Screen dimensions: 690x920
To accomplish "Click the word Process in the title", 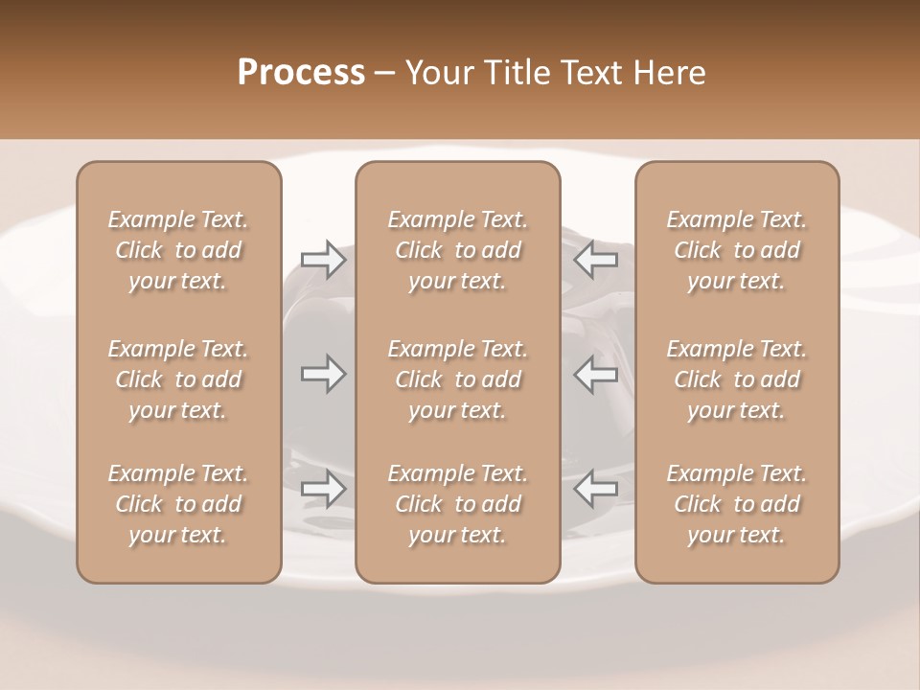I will click(x=301, y=73).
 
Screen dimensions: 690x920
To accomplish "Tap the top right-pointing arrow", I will click(x=323, y=260).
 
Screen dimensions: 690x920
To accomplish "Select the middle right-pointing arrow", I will click(x=323, y=374).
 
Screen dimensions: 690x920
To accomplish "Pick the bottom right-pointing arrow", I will click(x=323, y=489).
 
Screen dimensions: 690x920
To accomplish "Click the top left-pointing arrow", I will click(x=596, y=260).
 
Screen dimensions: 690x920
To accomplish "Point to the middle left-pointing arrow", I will click(x=596, y=374).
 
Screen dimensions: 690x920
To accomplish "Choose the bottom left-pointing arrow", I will click(x=596, y=489).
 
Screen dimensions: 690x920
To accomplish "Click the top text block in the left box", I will click(x=178, y=250).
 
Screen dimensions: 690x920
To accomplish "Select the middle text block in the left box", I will click(x=178, y=379).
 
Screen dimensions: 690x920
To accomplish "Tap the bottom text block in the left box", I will click(x=178, y=504).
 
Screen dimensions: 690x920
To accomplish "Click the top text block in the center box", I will click(x=457, y=250).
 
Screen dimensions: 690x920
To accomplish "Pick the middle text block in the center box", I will click(x=457, y=379).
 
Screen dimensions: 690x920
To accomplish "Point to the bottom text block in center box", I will click(x=457, y=504).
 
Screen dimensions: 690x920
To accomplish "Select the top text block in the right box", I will click(x=737, y=250).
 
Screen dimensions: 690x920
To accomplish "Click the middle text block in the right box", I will click(x=737, y=379).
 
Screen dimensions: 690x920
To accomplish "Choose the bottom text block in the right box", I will click(x=737, y=504).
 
